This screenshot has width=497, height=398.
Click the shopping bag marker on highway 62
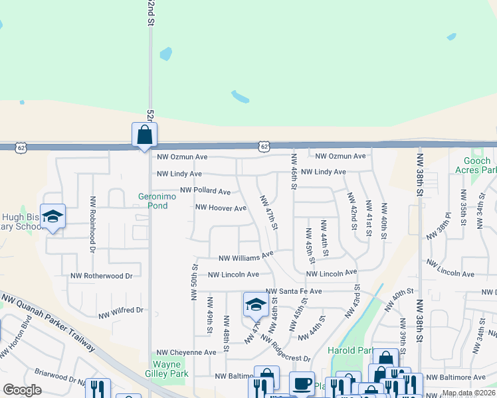tap(144, 135)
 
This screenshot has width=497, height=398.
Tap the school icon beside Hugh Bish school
tap(52, 216)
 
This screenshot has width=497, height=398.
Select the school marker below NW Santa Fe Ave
tap(256, 304)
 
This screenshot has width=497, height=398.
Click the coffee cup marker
tap(302, 383)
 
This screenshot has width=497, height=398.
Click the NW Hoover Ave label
tap(221, 208)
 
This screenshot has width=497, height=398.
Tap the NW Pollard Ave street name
tap(205, 191)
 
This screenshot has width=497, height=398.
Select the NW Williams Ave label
tap(246, 257)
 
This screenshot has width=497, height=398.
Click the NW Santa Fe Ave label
tap(294, 291)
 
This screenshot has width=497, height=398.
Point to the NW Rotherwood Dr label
tap(102, 275)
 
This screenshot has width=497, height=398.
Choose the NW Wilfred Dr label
tap(121, 310)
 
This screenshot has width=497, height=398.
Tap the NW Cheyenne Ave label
tap(187, 352)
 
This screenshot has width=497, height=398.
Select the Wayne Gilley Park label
tap(171, 369)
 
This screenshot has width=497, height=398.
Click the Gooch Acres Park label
tap(472, 165)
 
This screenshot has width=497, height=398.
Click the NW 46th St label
tap(293, 171)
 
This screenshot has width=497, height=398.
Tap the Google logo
tap(22, 390)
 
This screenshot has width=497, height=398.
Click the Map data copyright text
tap(469, 393)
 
